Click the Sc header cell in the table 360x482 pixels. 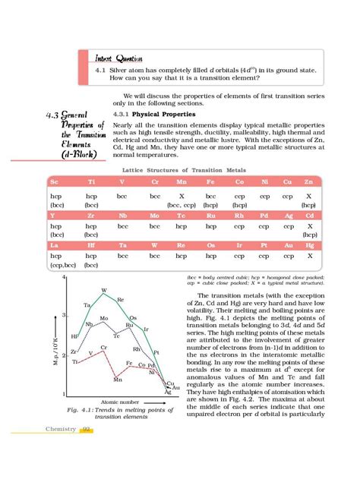(54, 183)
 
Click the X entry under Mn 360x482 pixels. (183, 195)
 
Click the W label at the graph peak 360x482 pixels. (104, 291)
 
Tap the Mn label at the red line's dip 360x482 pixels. (118, 379)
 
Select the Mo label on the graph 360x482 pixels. (104, 318)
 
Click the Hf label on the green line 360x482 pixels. (74, 336)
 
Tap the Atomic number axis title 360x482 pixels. (119, 401)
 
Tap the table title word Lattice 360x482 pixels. (147, 170)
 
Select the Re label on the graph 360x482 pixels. (120, 300)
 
